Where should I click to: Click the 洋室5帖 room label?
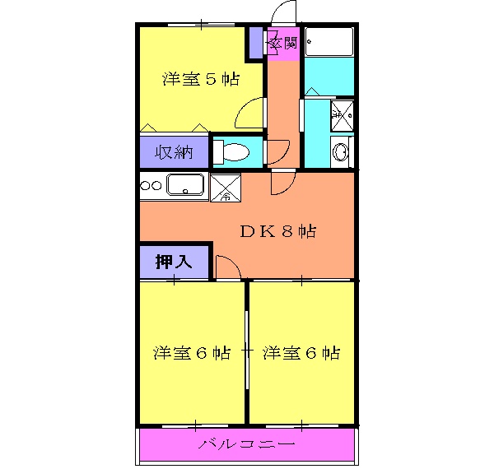[x=200, y=80]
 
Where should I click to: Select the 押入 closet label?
[x=174, y=262]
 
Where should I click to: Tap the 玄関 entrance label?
[x=283, y=42]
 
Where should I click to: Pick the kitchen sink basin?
[x=185, y=185]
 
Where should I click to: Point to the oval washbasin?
[x=339, y=151]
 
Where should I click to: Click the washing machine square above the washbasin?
[x=340, y=114]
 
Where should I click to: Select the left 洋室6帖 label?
[x=191, y=353]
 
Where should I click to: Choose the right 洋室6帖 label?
[x=301, y=353]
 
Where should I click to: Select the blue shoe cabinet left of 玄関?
[x=257, y=43]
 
